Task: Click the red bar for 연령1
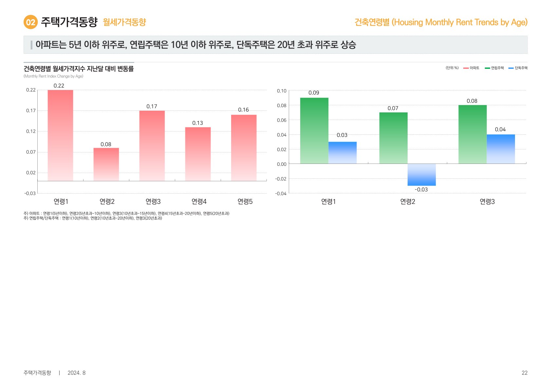click(60, 135)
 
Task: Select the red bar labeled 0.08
click(106, 164)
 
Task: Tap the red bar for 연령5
click(244, 147)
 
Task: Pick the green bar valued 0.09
click(314, 130)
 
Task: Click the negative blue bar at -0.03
click(421, 175)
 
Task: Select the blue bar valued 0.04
click(501, 149)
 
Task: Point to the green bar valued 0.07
click(393, 138)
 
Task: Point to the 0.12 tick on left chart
click(31, 131)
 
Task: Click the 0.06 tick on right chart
click(282, 120)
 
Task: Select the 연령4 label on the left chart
click(199, 202)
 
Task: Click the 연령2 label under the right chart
click(408, 202)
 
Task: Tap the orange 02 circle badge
click(30, 22)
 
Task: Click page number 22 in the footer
click(524, 373)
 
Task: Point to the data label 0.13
click(197, 123)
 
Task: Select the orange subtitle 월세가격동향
click(124, 22)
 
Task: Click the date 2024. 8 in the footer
click(76, 373)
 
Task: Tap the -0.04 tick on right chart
click(281, 194)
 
